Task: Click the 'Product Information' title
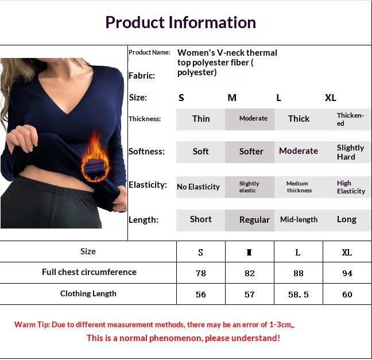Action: tap(180, 22)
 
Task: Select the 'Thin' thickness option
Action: tap(201, 119)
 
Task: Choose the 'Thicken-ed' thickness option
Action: tap(350, 119)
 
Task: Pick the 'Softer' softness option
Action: tap(251, 152)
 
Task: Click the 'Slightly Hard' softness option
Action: tap(350, 152)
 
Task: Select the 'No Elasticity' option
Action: tap(198, 187)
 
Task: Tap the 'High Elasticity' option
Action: tap(351, 187)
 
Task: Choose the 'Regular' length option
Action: tap(254, 220)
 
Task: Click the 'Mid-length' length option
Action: tap(299, 219)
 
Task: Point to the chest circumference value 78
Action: tap(201, 273)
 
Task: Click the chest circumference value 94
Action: tap(347, 273)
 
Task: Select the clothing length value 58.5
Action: tap(298, 295)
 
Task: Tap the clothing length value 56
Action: tap(201, 295)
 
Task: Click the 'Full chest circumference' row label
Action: tap(89, 272)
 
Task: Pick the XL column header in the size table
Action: tap(347, 252)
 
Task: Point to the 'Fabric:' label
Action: tap(142, 76)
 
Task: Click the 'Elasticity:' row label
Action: tap(148, 185)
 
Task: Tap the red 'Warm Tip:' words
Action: tap(32, 324)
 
